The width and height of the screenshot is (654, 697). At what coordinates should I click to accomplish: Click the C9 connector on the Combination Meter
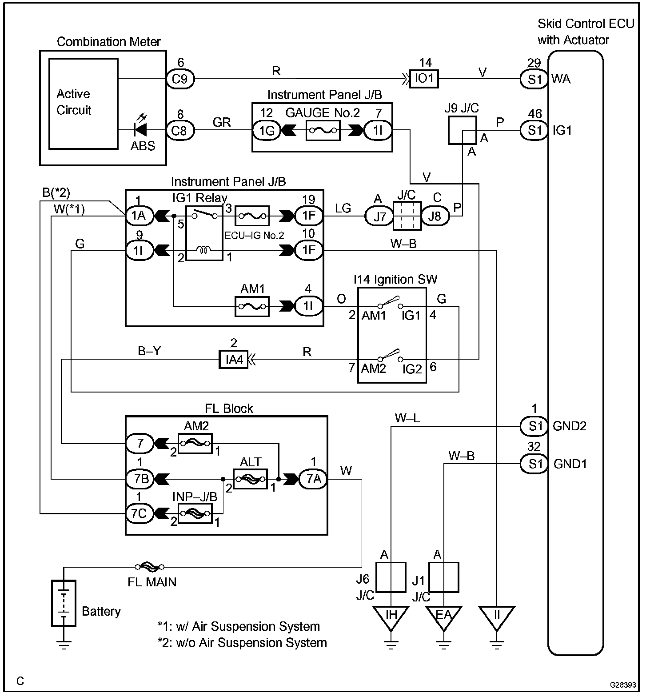[180, 79]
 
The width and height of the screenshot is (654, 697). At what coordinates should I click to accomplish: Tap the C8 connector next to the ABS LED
[180, 130]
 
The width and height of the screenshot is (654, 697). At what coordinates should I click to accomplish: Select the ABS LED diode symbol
[141, 130]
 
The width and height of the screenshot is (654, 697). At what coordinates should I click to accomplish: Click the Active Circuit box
[84, 104]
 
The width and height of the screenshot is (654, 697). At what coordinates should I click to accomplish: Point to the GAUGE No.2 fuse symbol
[323, 131]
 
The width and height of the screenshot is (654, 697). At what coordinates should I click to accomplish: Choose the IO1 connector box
[424, 79]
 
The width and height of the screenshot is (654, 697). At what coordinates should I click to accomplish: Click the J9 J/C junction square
[462, 130]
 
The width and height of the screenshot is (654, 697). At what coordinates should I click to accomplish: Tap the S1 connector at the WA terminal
[534, 79]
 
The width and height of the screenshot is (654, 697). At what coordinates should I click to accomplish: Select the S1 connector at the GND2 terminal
[534, 426]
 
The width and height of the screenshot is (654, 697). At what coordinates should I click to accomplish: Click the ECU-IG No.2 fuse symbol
[252, 216]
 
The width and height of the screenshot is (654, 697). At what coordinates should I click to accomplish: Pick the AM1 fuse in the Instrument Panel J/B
[252, 306]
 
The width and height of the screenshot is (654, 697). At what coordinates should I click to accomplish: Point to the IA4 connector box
[234, 359]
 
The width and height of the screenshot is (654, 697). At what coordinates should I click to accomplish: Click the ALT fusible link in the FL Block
[250, 479]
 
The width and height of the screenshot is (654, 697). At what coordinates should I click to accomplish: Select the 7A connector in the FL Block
[313, 479]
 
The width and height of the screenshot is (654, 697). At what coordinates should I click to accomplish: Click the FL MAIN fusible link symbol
[150, 567]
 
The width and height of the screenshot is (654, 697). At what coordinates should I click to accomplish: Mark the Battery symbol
[64, 603]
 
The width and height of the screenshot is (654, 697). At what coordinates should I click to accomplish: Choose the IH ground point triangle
[391, 617]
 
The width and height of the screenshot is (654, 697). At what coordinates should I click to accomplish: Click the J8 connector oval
[435, 216]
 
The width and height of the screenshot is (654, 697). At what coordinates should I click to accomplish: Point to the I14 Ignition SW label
[395, 280]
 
